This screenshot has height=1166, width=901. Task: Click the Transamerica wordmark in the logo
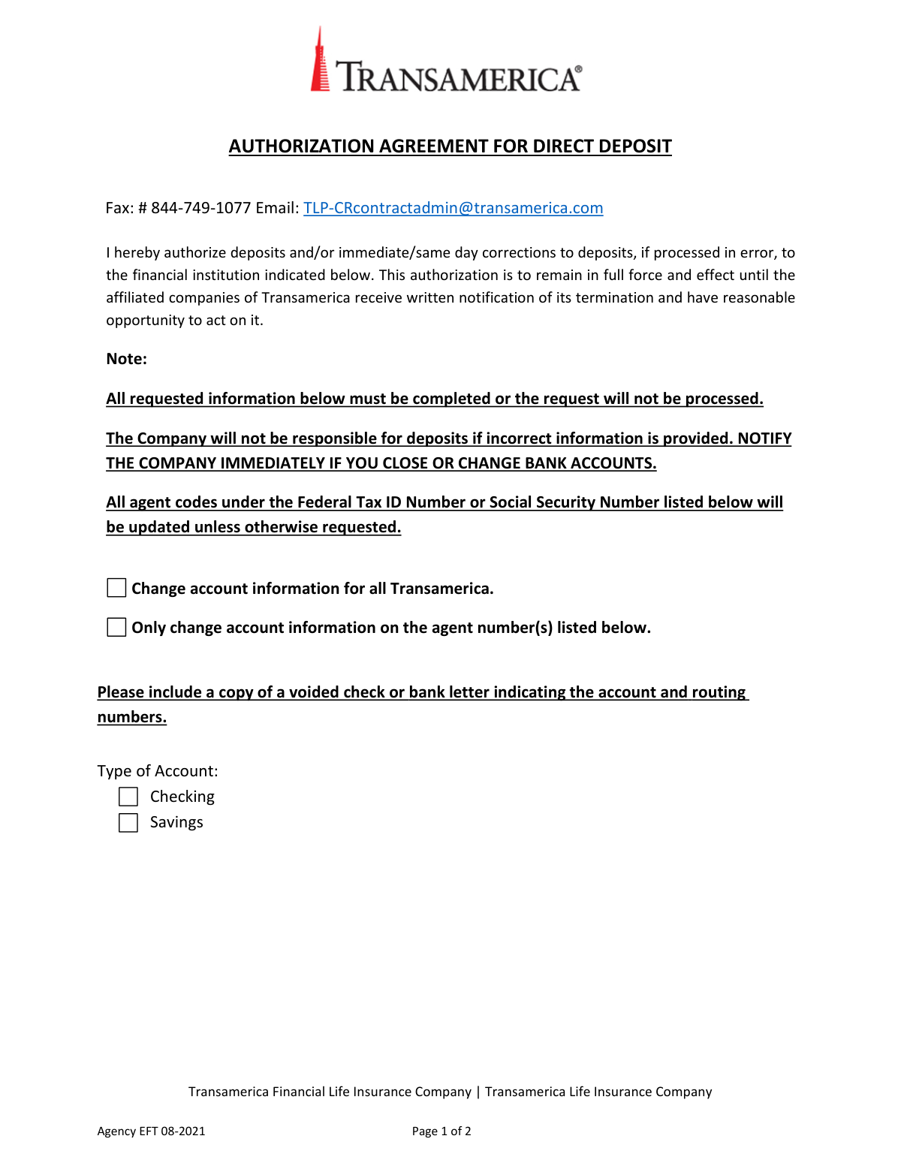click(x=458, y=77)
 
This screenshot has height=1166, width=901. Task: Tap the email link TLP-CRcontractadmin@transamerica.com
click(x=453, y=208)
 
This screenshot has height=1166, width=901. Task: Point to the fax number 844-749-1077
click(x=200, y=208)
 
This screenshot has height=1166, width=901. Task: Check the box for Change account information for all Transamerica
click(x=116, y=588)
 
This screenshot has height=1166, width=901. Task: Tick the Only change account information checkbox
click(x=116, y=627)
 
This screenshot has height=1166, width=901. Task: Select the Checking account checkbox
click(x=128, y=797)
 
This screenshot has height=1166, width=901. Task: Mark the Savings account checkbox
click(x=128, y=823)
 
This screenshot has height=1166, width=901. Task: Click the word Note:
click(x=126, y=359)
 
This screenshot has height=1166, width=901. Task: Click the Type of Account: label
click(x=158, y=771)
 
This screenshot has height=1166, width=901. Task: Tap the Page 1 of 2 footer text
click(x=441, y=1131)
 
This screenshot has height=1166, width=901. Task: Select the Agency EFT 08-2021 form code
click(x=151, y=1131)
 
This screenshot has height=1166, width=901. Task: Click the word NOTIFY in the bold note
click(x=764, y=438)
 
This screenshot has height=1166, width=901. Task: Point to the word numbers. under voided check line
click(x=132, y=717)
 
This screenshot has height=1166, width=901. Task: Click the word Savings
click(x=176, y=822)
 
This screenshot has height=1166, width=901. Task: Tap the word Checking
click(x=182, y=797)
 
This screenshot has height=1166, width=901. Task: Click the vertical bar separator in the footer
click(x=478, y=1092)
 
